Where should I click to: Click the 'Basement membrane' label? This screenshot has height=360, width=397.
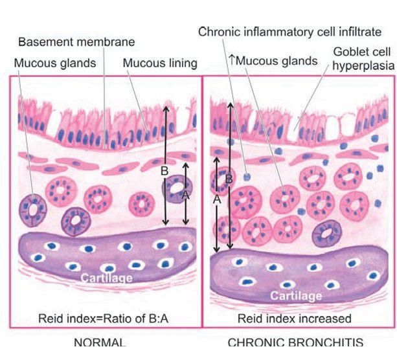[x=76, y=43]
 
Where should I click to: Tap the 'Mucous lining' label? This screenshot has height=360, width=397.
[x=160, y=63]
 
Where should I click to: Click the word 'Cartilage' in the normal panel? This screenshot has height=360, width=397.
[x=107, y=278]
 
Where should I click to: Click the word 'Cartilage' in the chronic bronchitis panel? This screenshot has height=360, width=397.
[x=296, y=296]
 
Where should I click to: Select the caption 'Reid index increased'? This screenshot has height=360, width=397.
[x=294, y=319]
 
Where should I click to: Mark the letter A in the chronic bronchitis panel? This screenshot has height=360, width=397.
[x=217, y=201]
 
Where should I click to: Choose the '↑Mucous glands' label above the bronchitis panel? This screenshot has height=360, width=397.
[x=273, y=61]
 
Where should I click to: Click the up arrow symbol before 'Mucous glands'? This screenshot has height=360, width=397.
[x=231, y=60]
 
